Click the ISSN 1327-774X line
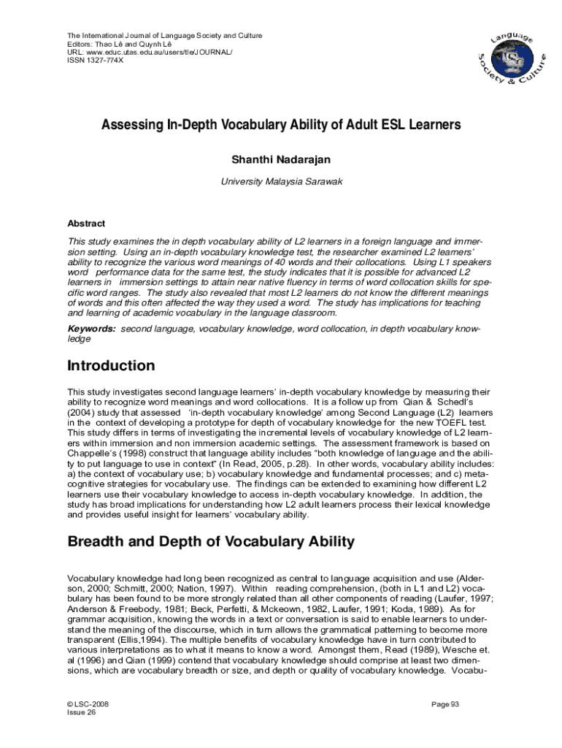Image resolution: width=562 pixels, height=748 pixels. tap(96, 61)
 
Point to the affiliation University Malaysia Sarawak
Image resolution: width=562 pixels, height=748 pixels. tap(281, 180)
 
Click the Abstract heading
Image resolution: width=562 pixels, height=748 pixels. tap(86, 224)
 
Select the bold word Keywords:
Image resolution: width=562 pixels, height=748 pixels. tap(91, 329)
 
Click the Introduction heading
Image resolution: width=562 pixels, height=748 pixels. tap(111, 365)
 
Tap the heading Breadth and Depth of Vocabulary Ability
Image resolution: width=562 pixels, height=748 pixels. tap(211, 541)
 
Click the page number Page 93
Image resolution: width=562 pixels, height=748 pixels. tap(444, 704)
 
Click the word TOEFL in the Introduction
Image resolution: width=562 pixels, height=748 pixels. tap(430, 422)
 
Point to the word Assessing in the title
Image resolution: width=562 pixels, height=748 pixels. tap(131, 125)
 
